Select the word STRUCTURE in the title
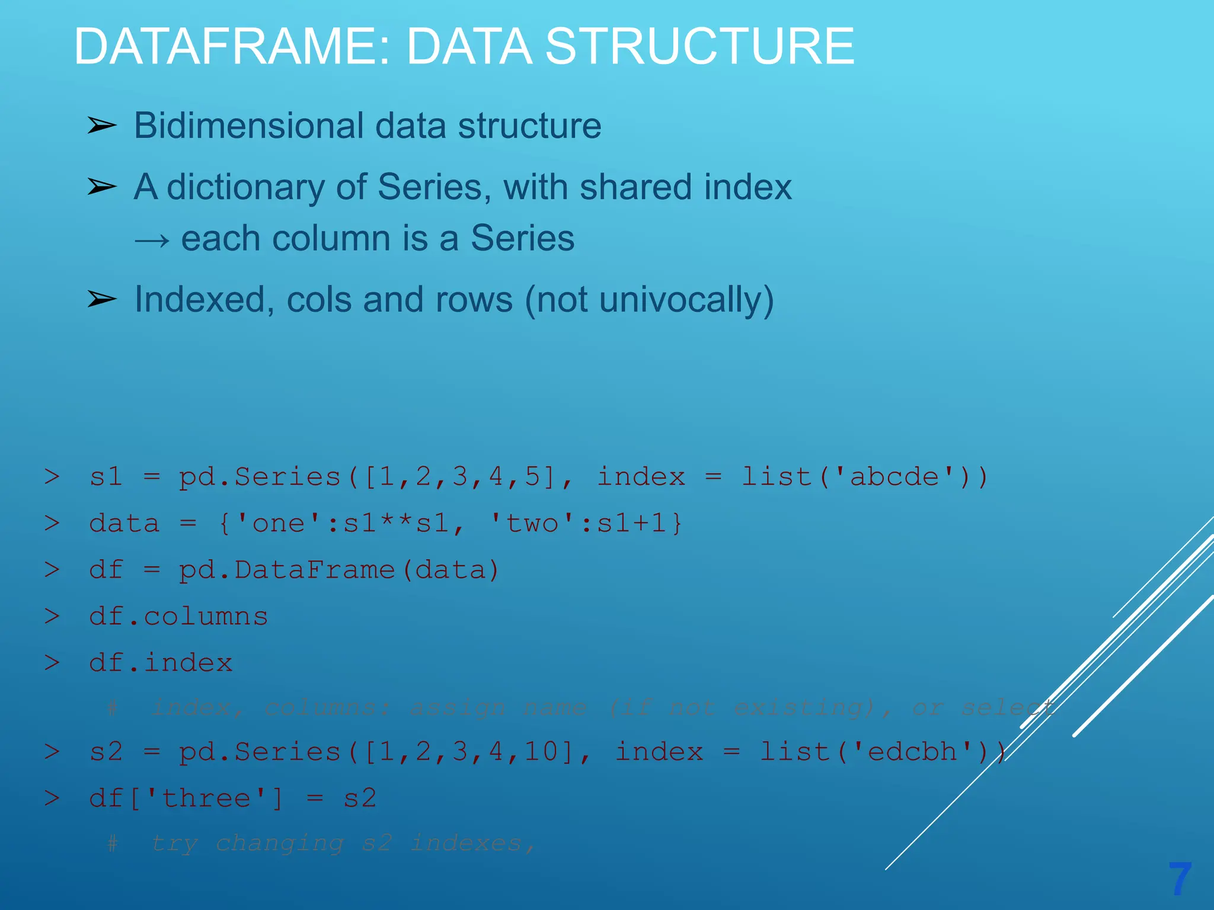[x=699, y=47]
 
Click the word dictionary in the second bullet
[x=246, y=188]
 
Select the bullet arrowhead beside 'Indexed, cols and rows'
[x=102, y=299]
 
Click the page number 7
[x=1180, y=879]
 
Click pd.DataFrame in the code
[x=287, y=571]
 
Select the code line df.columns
[x=178, y=617]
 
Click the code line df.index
[x=161, y=663]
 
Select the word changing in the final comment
[x=279, y=843]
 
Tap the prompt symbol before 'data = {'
[x=52, y=524]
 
